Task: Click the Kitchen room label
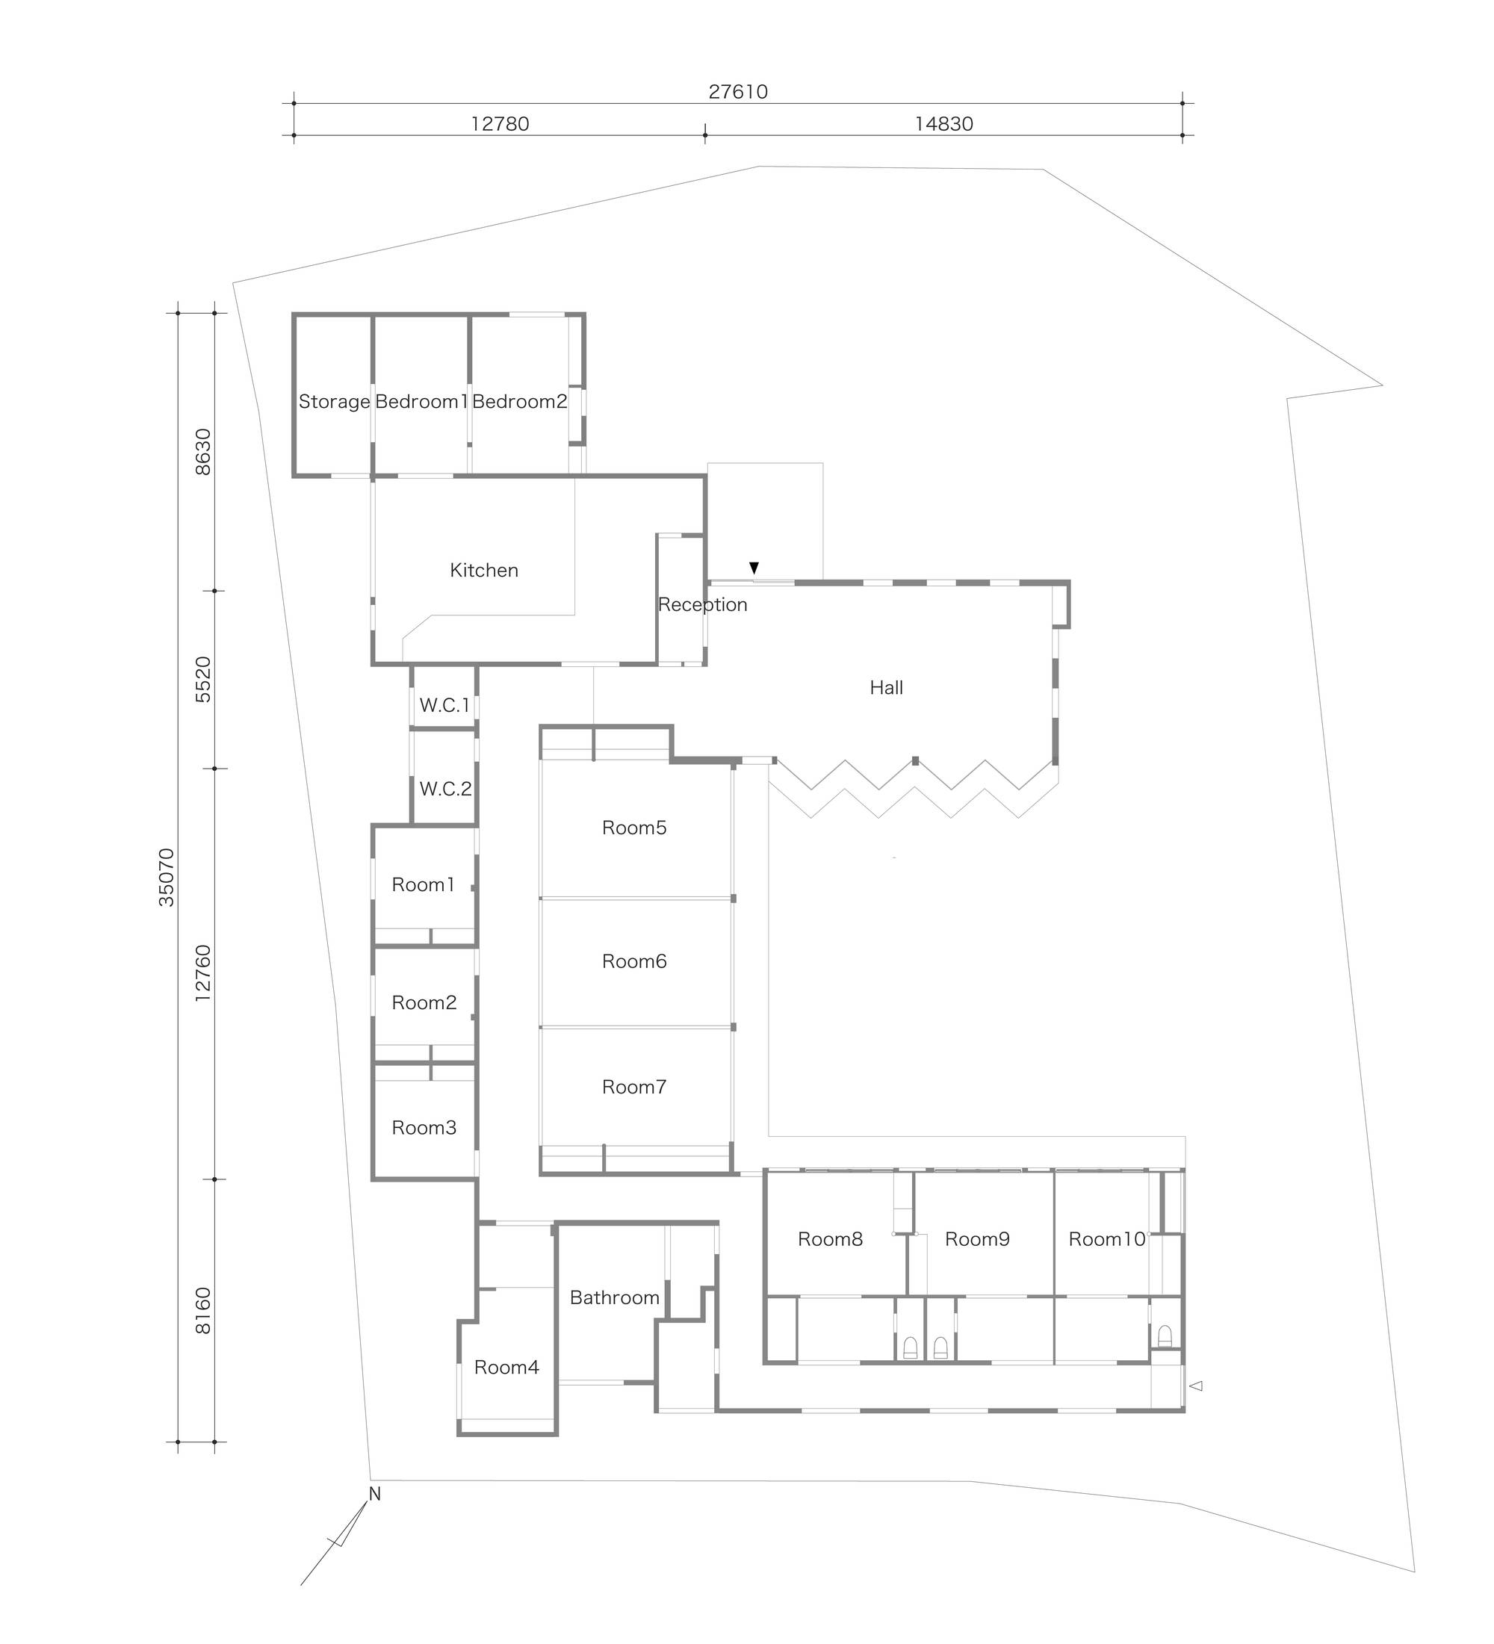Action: [x=483, y=570]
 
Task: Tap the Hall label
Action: [x=886, y=687]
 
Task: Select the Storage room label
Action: [x=335, y=401]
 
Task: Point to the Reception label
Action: [x=702, y=604]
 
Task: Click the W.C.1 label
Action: [x=444, y=705]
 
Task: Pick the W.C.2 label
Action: [x=445, y=789]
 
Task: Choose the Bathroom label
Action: [x=614, y=1297]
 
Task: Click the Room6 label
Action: [x=633, y=961]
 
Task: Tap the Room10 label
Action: [x=1106, y=1238]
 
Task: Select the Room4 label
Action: [x=506, y=1367]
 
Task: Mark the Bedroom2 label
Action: [x=519, y=401]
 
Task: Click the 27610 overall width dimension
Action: [x=738, y=91]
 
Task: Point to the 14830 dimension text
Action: [x=943, y=124]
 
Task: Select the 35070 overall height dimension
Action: [x=167, y=877]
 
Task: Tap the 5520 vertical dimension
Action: [x=203, y=679]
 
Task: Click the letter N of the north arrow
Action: [x=374, y=1494]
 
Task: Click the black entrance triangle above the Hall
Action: [x=754, y=568]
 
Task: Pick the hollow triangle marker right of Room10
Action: [x=1197, y=1385]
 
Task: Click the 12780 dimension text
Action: [x=500, y=124]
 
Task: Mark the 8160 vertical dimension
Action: [x=203, y=1310]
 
